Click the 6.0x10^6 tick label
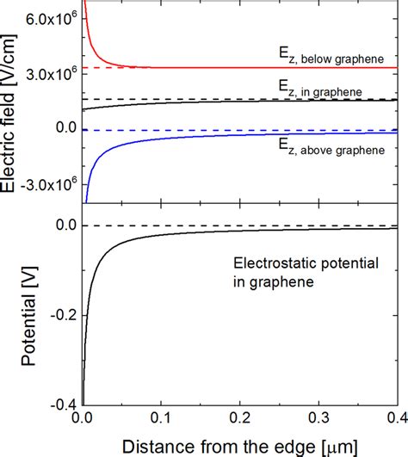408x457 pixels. click(x=50, y=19)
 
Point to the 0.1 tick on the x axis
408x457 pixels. click(x=159, y=420)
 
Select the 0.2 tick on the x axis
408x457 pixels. click(x=238, y=420)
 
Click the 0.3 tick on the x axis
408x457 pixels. click(x=318, y=420)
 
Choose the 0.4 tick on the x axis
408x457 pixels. click(x=393, y=420)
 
